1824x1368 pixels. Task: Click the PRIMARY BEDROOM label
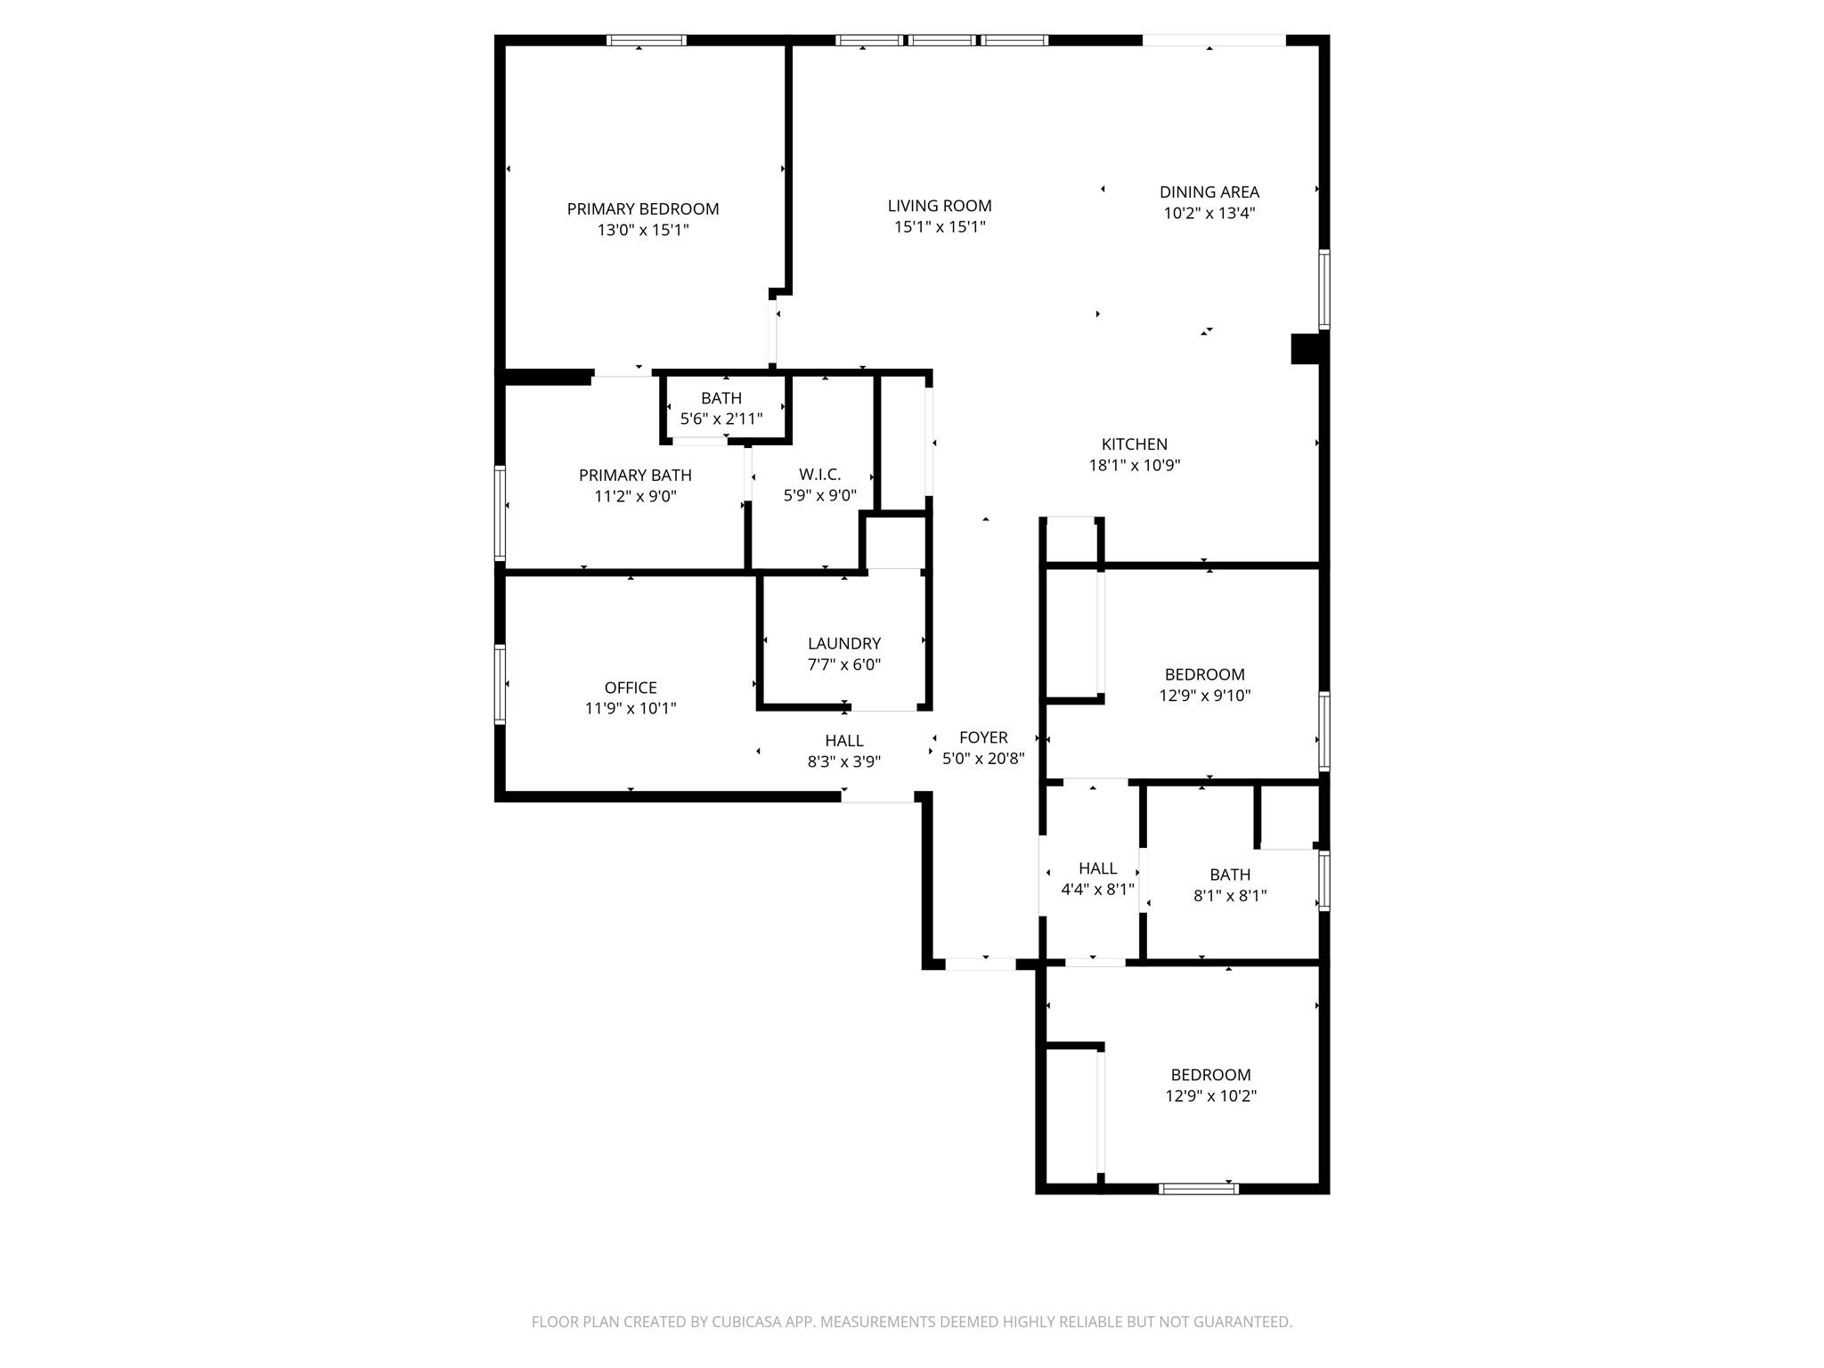(643, 209)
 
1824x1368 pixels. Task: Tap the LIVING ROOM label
(940, 206)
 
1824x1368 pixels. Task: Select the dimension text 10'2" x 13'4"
(1209, 213)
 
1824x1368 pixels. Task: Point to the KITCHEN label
(1134, 444)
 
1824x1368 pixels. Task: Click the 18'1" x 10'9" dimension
(1134, 465)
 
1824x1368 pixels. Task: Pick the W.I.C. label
(819, 475)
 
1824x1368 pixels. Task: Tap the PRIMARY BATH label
(635, 476)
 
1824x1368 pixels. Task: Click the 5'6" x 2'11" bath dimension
(721, 419)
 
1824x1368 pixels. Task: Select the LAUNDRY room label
(843, 643)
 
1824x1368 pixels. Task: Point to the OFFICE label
(631, 688)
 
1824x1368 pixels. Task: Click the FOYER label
(983, 737)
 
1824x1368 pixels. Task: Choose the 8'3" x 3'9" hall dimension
(843, 761)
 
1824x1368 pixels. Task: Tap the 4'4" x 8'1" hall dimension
(1097, 889)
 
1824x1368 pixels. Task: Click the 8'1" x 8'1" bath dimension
(1230, 895)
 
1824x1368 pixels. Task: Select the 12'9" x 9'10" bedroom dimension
(1204, 696)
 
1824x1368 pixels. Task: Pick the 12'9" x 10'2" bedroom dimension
(1210, 1095)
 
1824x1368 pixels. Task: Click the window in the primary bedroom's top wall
(647, 40)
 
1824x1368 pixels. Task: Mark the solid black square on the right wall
(1307, 348)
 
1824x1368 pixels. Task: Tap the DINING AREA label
(1209, 191)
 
